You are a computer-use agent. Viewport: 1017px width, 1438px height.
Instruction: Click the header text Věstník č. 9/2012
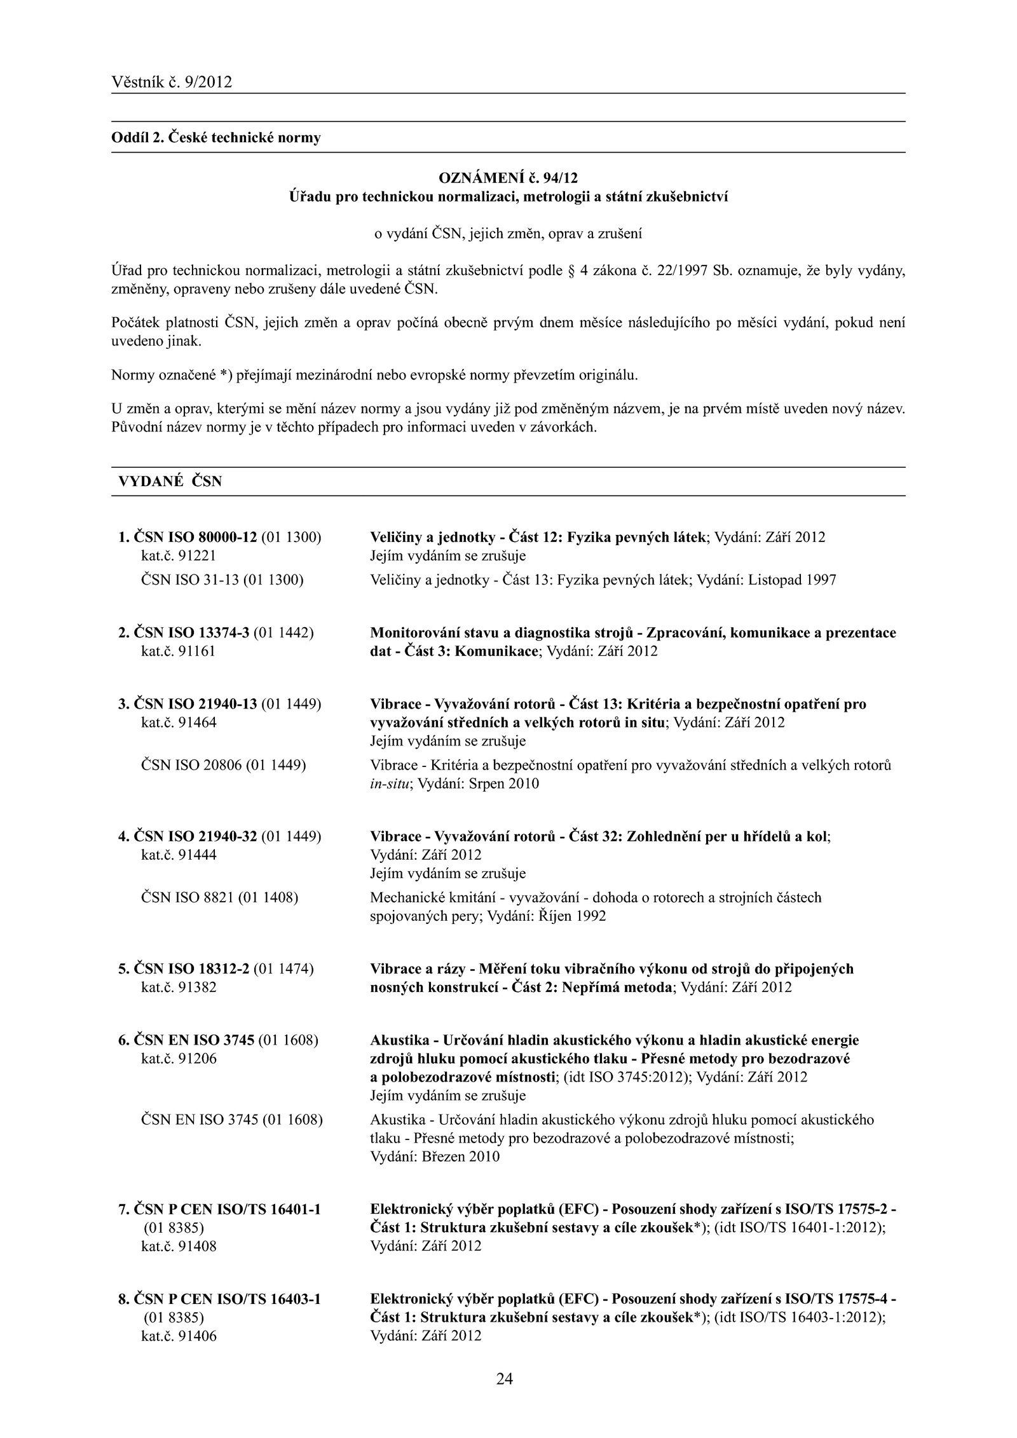point(172,82)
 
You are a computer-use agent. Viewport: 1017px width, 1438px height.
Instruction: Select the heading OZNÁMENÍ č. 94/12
point(508,175)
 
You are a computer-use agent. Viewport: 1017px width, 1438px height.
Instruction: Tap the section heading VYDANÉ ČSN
point(170,482)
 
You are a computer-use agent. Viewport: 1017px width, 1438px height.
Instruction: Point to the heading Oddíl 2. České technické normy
point(216,137)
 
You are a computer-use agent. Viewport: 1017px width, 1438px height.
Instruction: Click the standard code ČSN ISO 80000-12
point(195,537)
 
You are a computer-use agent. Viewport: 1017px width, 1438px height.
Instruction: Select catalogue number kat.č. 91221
point(179,556)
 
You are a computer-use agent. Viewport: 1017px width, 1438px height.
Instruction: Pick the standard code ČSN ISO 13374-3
point(191,633)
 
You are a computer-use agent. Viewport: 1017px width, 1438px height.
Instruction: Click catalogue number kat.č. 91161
point(179,651)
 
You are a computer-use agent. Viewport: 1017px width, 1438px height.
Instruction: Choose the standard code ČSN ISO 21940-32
point(195,836)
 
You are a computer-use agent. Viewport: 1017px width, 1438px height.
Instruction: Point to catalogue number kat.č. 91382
point(179,987)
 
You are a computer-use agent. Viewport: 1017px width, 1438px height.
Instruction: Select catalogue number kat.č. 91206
point(179,1059)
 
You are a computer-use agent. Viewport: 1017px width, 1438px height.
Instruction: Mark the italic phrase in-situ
point(388,783)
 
